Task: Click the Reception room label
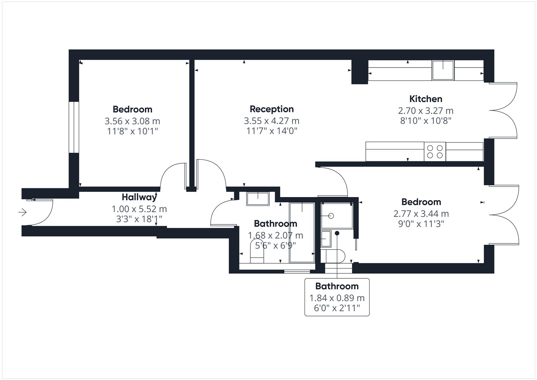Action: (x=271, y=109)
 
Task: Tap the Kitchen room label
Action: (x=426, y=99)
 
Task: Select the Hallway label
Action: (x=139, y=197)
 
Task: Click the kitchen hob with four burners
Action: (x=435, y=152)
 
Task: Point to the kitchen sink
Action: (x=443, y=70)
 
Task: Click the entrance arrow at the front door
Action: (x=23, y=212)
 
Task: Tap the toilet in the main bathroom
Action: (x=257, y=252)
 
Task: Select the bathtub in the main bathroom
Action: (x=302, y=233)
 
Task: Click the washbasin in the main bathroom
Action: (x=257, y=198)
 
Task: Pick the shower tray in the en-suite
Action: (x=336, y=215)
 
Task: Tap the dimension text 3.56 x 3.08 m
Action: (x=132, y=121)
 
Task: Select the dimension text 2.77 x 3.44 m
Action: (x=421, y=214)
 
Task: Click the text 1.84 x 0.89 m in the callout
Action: (x=337, y=298)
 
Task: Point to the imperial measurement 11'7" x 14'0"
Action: (x=271, y=131)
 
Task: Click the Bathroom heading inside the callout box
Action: (x=337, y=286)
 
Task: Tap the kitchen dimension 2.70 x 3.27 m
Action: (x=426, y=110)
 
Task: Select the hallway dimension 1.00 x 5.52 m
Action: (x=139, y=209)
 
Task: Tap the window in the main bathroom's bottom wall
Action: (x=297, y=271)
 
